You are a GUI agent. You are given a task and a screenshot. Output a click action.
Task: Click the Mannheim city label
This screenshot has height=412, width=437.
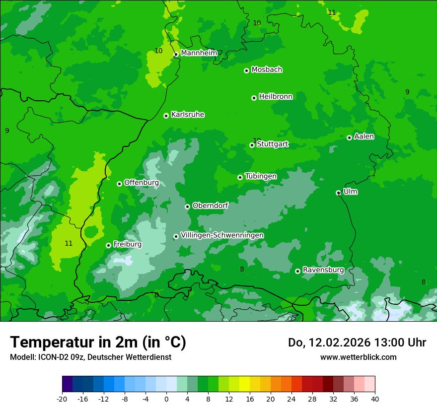click(x=199, y=53)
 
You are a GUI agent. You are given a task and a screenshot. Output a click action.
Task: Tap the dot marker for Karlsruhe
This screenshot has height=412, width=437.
click(x=166, y=116)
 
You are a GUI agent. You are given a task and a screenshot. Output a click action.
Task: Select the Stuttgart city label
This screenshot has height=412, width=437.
click(x=273, y=144)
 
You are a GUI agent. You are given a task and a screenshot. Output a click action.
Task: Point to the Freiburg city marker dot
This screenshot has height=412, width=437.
click(x=108, y=245)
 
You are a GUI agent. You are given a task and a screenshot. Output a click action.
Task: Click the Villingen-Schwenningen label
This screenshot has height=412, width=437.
click(x=222, y=235)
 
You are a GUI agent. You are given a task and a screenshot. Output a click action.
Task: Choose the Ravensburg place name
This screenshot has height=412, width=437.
click(x=323, y=270)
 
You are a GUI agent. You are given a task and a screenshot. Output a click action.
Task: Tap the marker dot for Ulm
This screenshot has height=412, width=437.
click(x=338, y=193)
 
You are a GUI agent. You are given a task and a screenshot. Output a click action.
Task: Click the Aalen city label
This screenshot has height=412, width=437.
click(x=364, y=137)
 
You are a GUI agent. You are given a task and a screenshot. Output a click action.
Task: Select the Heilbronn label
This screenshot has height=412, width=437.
click(x=276, y=97)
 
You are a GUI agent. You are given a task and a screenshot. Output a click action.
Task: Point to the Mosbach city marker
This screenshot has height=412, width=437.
click(x=246, y=70)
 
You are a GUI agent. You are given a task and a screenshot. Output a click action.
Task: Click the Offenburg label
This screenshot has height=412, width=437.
click(x=142, y=183)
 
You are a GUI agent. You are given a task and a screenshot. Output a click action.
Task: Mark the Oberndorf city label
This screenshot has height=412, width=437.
click(x=210, y=206)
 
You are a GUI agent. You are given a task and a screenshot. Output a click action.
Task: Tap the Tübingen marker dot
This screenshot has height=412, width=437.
click(x=240, y=177)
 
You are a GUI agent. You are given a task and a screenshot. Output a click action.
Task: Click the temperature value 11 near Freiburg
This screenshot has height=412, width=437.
click(x=69, y=243)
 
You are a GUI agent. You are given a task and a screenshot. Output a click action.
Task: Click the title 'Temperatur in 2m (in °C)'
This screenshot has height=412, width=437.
click(x=98, y=342)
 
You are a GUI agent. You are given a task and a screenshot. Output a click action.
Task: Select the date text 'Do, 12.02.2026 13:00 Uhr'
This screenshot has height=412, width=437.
click(x=357, y=343)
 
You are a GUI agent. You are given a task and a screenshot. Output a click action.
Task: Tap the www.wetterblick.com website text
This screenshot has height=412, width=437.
click(x=358, y=357)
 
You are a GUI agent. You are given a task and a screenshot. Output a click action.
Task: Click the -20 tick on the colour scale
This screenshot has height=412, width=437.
click(x=62, y=399)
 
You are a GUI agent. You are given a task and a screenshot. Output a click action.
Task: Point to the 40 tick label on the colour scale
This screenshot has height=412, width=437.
click(x=374, y=399)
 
